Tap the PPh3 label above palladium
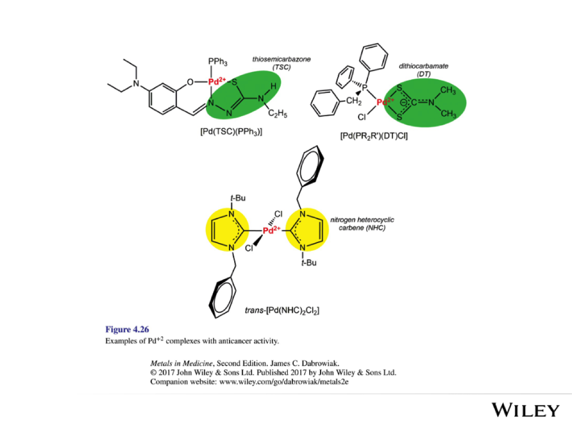[218, 61]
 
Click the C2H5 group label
[277, 114]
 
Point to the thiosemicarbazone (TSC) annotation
[275, 63]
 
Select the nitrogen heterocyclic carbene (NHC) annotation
[362, 224]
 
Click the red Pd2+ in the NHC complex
[271, 231]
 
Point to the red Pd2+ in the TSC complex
[217, 82]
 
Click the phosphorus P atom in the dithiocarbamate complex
[363, 88]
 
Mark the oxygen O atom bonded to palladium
[190, 82]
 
